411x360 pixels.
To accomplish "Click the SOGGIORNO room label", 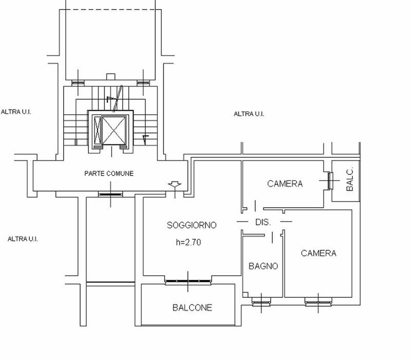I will pyautogui.click(x=192, y=225).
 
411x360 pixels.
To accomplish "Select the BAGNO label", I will pyautogui.click(x=263, y=266).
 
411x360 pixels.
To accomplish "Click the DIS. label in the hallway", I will pyautogui.click(x=263, y=222).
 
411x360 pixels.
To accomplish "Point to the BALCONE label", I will pyautogui.click(x=192, y=308).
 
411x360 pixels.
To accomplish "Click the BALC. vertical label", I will pyautogui.click(x=349, y=180).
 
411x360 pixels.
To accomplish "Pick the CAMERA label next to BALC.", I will pyautogui.click(x=285, y=184).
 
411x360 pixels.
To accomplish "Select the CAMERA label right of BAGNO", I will pyautogui.click(x=319, y=253).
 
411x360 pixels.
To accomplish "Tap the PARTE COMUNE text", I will pyautogui.click(x=109, y=174).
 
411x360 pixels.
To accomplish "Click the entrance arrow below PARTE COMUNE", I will pyautogui.click(x=176, y=184).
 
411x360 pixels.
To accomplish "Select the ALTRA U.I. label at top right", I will pyautogui.click(x=249, y=114).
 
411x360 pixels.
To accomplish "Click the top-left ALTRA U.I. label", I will pyautogui.click(x=16, y=112).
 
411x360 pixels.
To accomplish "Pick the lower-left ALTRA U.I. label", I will pyautogui.click(x=23, y=239).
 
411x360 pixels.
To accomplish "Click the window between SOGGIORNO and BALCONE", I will pyautogui.click(x=188, y=281).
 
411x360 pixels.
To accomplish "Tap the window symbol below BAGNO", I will pyautogui.click(x=263, y=302).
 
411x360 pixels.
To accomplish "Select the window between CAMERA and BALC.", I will pyautogui.click(x=329, y=179).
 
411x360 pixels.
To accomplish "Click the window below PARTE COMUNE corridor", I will pyautogui.click(x=110, y=194).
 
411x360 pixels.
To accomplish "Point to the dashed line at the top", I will pyautogui.click(x=111, y=9).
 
